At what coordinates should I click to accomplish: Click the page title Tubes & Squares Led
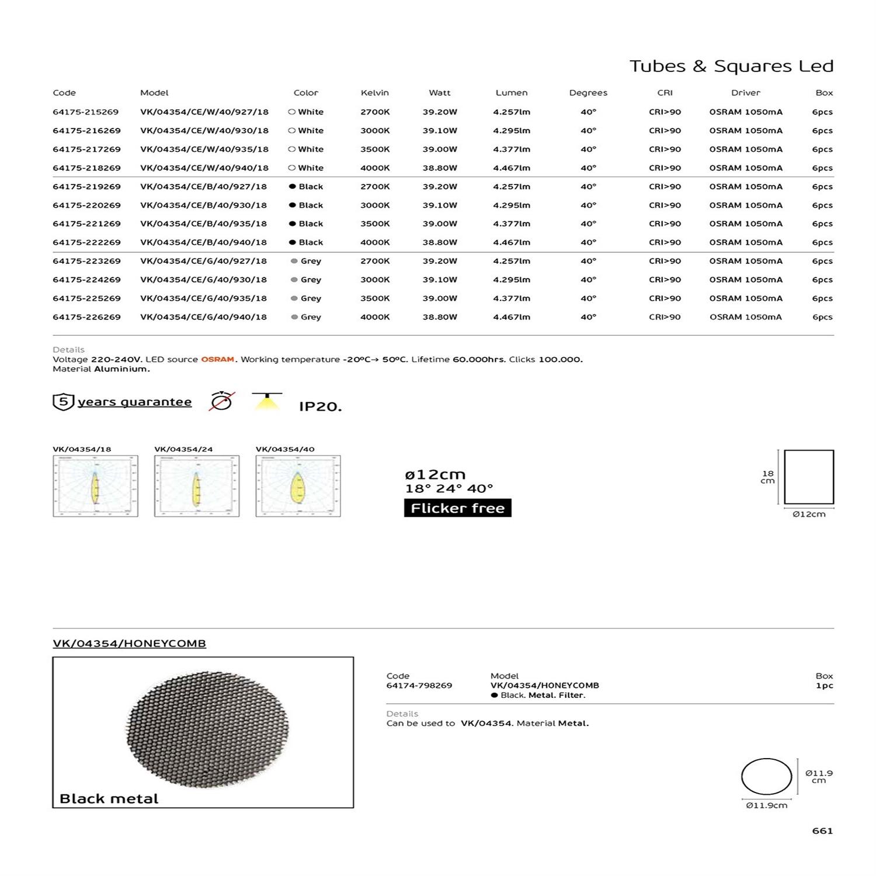731,66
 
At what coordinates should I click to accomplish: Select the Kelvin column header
374,93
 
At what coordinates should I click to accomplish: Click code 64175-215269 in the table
86,112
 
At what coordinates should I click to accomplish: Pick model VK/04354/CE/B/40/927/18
203,187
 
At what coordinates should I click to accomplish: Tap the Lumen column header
511,93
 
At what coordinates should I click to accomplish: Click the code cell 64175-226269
86,317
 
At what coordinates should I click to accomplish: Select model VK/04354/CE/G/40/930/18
203,280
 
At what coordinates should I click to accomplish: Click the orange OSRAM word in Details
217,360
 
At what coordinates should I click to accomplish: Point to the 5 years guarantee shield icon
63,402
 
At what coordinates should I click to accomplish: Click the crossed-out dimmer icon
222,401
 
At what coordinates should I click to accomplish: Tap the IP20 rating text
320,406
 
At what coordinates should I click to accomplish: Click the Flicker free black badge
457,508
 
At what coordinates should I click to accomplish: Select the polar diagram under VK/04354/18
95,486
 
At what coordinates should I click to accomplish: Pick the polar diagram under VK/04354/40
298,486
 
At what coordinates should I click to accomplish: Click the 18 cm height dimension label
767,477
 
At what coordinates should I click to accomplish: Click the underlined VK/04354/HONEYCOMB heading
129,644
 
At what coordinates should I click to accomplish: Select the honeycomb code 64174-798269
419,686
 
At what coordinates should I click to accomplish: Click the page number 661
822,831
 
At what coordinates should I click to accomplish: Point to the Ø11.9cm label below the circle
766,805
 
